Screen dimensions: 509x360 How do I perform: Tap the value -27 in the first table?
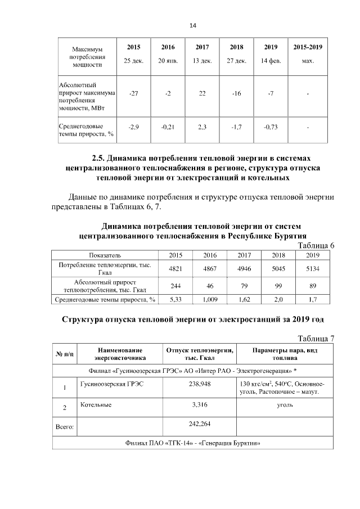point(134,93)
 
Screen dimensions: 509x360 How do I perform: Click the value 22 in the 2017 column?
point(202,93)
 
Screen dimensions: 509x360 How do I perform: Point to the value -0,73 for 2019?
point(271,127)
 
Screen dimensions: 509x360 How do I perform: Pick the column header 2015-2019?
point(308,47)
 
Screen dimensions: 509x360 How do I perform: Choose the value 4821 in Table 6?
point(175,268)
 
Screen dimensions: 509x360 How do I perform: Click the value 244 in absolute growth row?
point(175,286)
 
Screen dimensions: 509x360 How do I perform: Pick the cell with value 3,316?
point(196,404)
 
